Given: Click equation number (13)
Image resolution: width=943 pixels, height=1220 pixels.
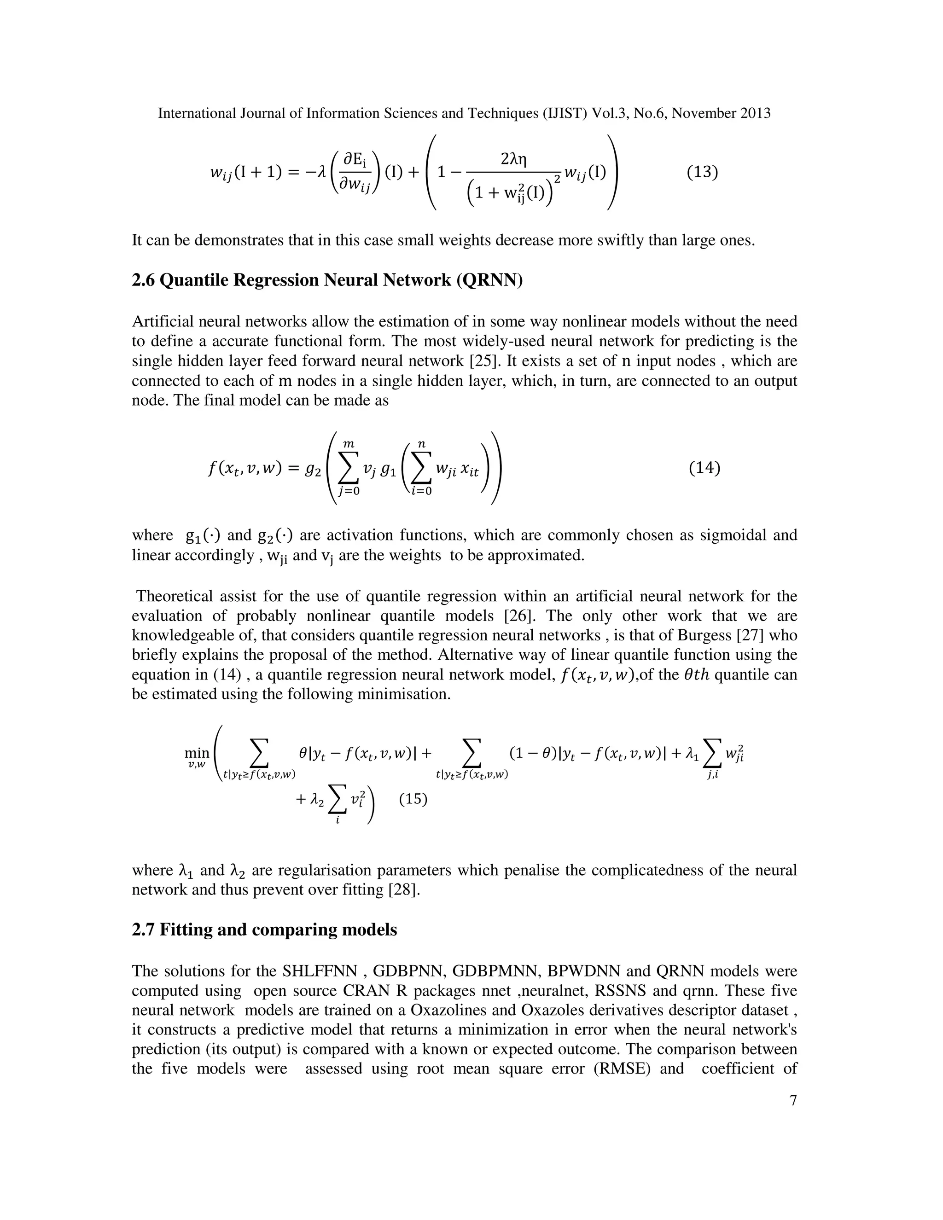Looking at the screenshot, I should (702, 172).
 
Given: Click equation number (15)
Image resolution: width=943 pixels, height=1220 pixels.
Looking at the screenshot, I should (413, 799).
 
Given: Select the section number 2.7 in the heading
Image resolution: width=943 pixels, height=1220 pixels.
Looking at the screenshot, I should (143, 930).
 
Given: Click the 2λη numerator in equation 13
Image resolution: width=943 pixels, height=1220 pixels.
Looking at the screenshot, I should (514, 160).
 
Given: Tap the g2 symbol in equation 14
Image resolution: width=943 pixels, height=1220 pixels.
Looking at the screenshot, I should (313, 470).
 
